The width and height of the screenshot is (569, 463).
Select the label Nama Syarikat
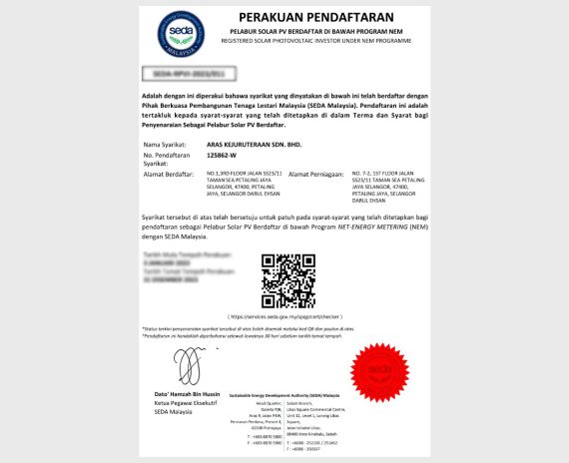point(169,144)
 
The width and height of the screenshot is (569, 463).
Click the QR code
point(287,280)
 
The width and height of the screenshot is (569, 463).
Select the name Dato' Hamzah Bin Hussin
point(187,396)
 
